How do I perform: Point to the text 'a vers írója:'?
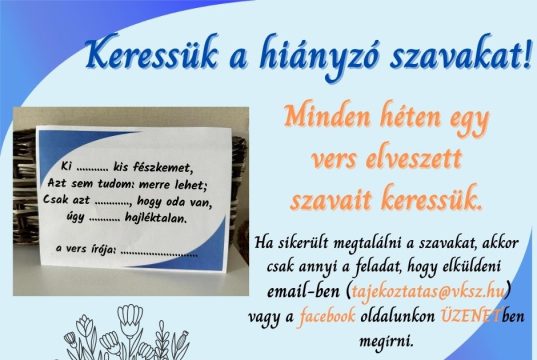point(86,251)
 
